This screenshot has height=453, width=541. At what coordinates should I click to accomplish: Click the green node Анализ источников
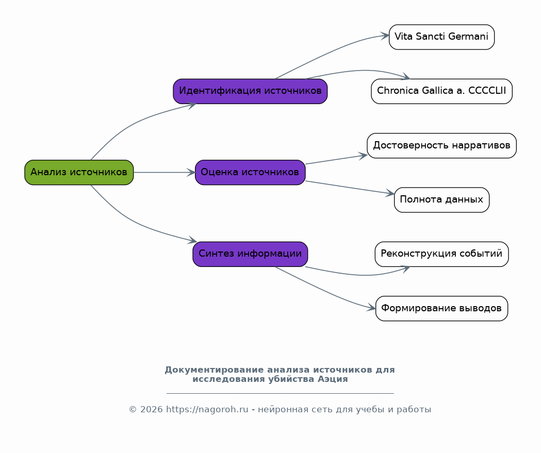pyautogui.click(x=79, y=172)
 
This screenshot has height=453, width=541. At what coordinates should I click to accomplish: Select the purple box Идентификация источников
pyautogui.click(x=250, y=91)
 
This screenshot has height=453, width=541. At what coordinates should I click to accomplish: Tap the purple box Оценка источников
pyautogui.click(x=250, y=172)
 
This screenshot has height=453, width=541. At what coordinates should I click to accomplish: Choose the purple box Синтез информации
pyautogui.click(x=250, y=254)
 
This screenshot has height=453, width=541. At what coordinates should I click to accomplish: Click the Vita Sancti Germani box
pyautogui.click(x=441, y=37)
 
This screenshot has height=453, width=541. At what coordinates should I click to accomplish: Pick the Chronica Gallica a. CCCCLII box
pyautogui.click(x=441, y=91)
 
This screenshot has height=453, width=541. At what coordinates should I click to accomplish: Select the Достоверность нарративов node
pyautogui.click(x=441, y=145)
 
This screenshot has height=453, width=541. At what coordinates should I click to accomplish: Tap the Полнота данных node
pyautogui.click(x=441, y=200)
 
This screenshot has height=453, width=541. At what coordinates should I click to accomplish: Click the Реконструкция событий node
pyautogui.click(x=441, y=254)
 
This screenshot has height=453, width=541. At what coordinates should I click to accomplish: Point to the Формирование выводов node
pyautogui.click(x=441, y=309)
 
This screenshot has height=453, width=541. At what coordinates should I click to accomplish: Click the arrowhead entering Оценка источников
pyautogui.click(x=191, y=172)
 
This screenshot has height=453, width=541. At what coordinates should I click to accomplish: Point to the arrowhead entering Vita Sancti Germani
pyautogui.click(x=385, y=36)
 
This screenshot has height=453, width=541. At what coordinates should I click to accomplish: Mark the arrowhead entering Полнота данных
pyautogui.click(x=390, y=194)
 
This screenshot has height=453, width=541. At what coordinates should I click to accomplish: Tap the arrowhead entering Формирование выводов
pyautogui.click(x=372, y=308)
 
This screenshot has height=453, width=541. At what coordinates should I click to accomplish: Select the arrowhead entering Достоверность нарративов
pyautogui.click(x=363, y=156)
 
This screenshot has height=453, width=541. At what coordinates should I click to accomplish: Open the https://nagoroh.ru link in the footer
pyautogui.click(x=207, y=410)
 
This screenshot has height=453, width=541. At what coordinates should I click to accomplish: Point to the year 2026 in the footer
pyautogui.click(x=151, y=410)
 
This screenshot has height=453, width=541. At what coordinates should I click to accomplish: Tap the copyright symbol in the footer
pyautogui.click(x=133, y=410)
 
